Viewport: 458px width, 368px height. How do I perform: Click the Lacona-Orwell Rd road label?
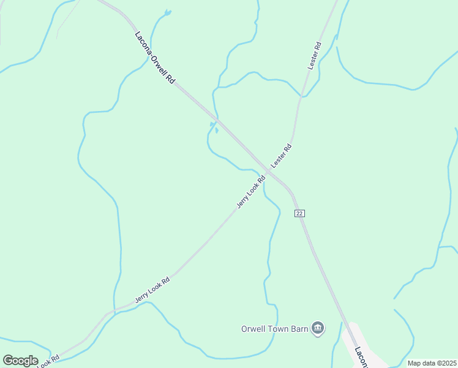(154, 59)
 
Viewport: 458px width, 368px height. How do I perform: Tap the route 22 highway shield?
(299, 213)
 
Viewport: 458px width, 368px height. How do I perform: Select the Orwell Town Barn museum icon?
(318, 328)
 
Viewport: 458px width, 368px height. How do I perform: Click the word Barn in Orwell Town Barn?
(298, 329)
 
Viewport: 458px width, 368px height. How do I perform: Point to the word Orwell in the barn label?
(253, 329)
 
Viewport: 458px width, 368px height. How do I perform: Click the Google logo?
(20, 361)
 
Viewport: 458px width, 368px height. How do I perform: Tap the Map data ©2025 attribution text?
(432, 363)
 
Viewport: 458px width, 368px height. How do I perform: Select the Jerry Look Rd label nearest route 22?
(250, 192)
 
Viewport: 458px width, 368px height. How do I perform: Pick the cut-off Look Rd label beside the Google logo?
(49, 362)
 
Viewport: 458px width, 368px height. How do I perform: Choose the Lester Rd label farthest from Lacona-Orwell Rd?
(315, 55)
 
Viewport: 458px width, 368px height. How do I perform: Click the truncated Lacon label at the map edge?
(361, 358)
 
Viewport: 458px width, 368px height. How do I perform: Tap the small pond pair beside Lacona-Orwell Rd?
(214, 127)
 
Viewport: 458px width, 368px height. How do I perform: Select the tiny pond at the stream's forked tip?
(167, 12)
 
